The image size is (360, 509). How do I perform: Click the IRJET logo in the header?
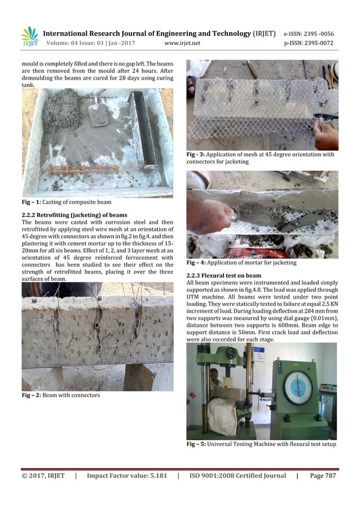coord(29,36)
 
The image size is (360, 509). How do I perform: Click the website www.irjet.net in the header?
coord(183,43)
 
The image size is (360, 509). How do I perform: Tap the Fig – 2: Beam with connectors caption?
coord(61,395)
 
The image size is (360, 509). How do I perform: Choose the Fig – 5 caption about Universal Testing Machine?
coord(261,444)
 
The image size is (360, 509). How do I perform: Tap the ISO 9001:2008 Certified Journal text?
coord(238,476)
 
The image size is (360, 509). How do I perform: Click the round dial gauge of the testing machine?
coord(298,387)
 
